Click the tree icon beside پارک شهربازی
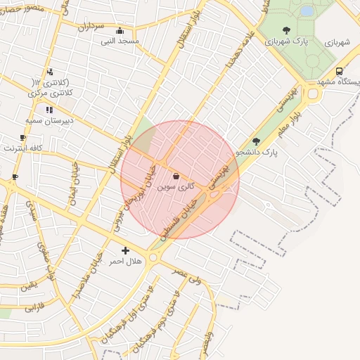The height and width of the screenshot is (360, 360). click(286, 30)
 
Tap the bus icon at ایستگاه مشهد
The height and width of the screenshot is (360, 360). click(340, 71)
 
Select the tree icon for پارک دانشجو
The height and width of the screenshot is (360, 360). click(256, 141)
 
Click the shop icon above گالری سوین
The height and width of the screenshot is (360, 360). click(175, 176)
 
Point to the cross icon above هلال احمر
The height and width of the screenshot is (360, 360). click(125, 250)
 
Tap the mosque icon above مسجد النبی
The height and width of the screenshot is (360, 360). click(120, 31)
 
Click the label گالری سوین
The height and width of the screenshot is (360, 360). click(175, 188)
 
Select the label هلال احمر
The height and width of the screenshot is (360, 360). click(125, 262)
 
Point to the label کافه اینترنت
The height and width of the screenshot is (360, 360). click(23, 148)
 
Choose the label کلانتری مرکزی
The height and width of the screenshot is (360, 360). click(49, 93)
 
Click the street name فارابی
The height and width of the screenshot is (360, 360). click(34, 307)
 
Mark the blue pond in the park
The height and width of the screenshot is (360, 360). click(307, 11)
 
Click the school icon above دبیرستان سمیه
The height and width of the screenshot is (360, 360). click(49, 110)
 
